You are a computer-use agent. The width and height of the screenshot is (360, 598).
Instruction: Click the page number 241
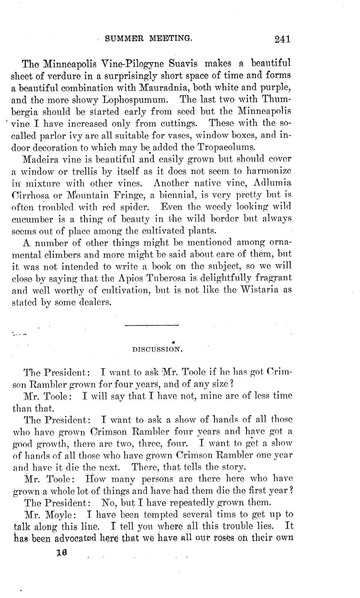coord(282,39)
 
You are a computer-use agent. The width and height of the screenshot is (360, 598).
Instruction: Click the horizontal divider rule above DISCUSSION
coord(151,325)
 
